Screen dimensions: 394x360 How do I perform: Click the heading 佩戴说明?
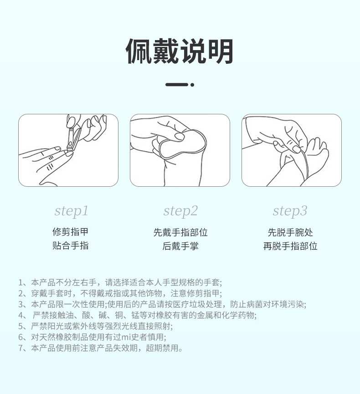pyautogui.click(x=180, y=51)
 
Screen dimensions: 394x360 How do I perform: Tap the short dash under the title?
pyautogui.click(x=176, y=85)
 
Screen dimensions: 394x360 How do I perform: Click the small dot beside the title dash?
pyautogui.click(x=192, y=85)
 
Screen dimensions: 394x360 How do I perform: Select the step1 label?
pyautogui.click(x=71, y=211)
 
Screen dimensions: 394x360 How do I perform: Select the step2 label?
pyautogui.click(x=180, y=211)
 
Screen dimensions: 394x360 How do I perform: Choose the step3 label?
pyautogui.click(x=290, y=211)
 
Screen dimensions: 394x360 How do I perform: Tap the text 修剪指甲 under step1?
pyautogui.click(x=70, y=232)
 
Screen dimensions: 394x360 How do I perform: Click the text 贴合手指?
pyautogui.click(x=70, y=246)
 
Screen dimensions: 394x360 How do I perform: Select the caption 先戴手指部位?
pyautogui.click(x=180, y=232)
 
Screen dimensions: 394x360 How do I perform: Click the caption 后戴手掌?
pyautogui.click(x=180, y=246)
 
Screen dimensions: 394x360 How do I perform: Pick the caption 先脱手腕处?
pyautogui.click(x=290, y=232)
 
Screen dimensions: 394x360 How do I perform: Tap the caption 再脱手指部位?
pyautogui.click(x=290, y=246)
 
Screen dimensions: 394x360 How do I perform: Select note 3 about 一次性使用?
pyautogui.click(x=162, y=304)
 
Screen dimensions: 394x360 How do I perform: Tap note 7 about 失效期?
pyautogui.click(x=101, y=348)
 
